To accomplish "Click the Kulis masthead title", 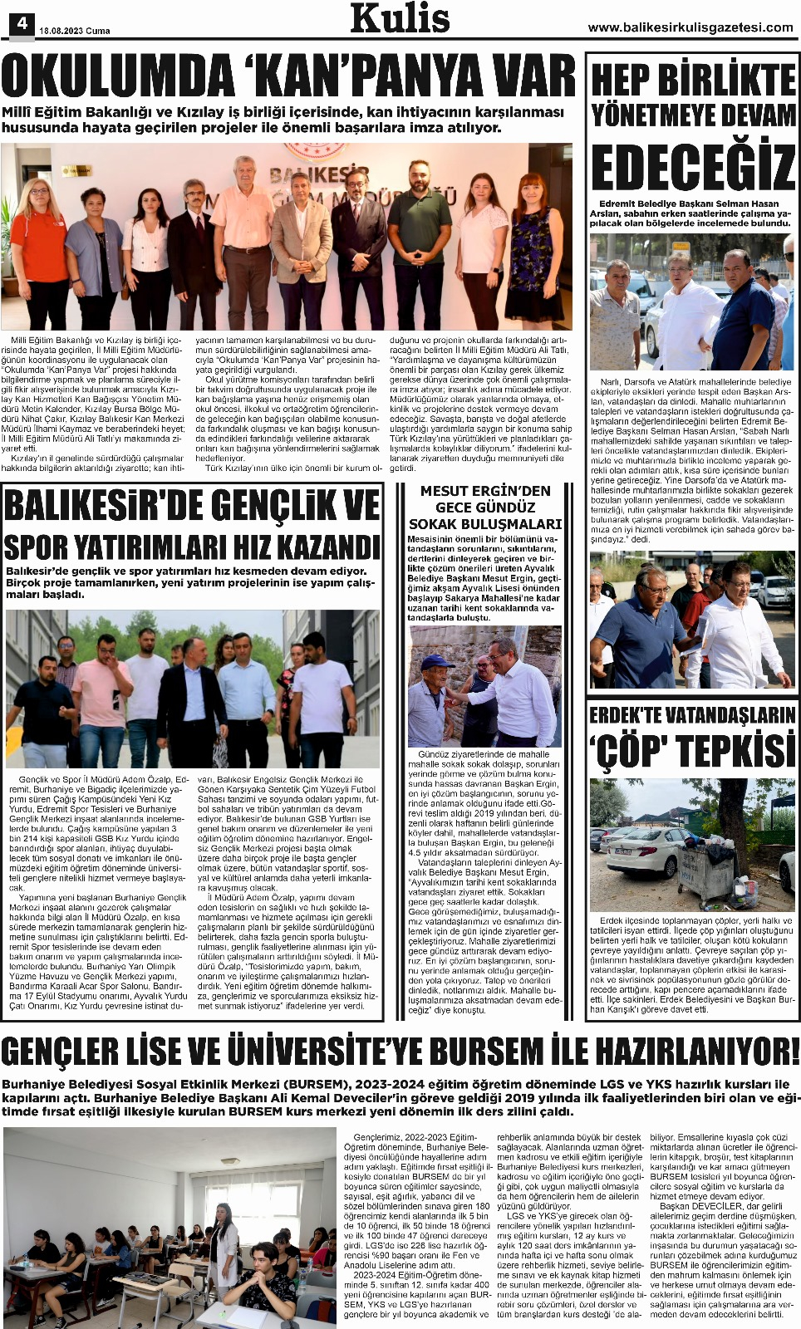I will [x=400, y=18].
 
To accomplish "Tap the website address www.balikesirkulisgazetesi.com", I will [x=690, y=27].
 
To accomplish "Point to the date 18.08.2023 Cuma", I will [x=75, y=31].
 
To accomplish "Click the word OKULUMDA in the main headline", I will [x=116, y=77].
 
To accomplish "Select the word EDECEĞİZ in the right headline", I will [x=693, y=168].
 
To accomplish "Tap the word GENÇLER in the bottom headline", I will [x=81, y=1052].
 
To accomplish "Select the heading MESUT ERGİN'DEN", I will [x=485, y=491].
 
